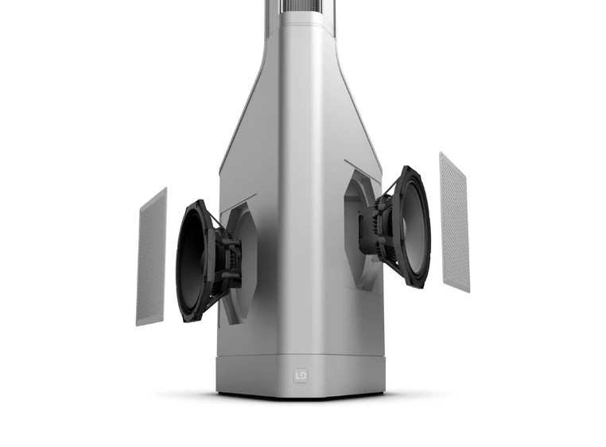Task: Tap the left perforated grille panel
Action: (x=152, y=257)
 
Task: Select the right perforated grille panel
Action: (x=454, y=221)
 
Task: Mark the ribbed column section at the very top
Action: (x=301, y=11)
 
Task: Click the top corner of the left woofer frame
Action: (x=198, y=202)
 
